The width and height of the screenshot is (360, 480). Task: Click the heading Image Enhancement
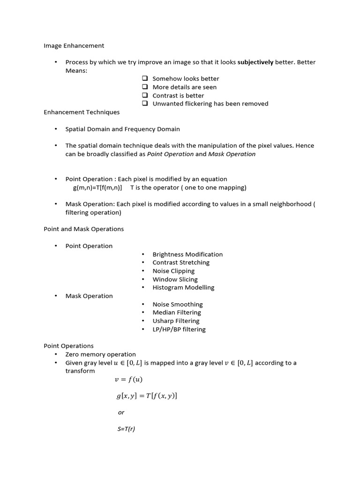(74, 45)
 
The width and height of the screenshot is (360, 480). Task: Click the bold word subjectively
(255, 62)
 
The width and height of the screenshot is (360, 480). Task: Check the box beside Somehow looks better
(145, 79)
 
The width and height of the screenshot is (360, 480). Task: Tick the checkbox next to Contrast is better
(145, 96)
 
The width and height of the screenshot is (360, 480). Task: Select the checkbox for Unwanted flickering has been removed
(145, 104)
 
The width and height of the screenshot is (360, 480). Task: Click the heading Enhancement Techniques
(82, 112)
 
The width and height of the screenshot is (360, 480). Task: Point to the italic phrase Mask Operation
(232, 154)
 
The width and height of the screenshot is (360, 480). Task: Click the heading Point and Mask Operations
(83, 229)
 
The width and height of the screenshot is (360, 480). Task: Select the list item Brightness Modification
(187, 254)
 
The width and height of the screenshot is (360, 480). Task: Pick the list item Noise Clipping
(173, 271)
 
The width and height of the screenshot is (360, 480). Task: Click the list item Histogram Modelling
(183, 287)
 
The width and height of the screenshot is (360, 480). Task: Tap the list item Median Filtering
(177, 312)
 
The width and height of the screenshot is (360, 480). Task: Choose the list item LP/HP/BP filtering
(179, 329)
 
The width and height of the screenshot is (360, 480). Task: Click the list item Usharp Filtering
(176, 321)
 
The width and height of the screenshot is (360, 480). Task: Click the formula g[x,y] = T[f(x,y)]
(147, 396)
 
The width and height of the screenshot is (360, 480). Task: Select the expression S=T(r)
(126, 428)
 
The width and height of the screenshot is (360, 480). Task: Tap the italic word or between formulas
(121, 412)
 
